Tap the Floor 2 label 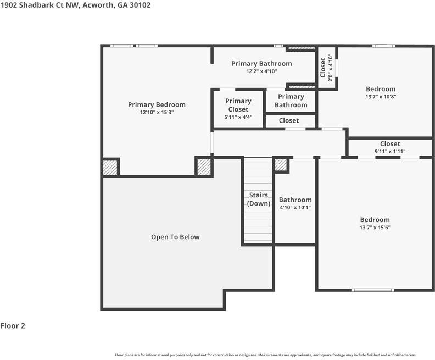13,326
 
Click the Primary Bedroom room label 157,104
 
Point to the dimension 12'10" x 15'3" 157,112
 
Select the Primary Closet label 238,105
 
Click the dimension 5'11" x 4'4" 238,117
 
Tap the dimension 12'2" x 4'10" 261,71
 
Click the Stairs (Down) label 258,199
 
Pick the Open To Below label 175,237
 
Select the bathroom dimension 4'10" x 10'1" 295,208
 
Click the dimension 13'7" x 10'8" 381,97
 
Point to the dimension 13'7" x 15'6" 375,228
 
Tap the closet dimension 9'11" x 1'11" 390,151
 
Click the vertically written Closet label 323,68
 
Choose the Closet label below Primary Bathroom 289,120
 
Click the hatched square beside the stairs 281,165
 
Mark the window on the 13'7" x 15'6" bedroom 373,290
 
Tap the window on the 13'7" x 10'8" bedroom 383,46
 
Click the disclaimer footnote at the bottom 265,355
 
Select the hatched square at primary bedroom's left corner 110,167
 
